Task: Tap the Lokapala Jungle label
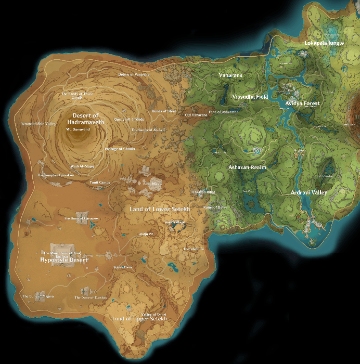tap(324, 43)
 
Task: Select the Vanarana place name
tap(230, 75)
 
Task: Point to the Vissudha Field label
tap(250, 97)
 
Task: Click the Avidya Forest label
tap(302, 103)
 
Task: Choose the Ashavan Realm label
tap(248, 167)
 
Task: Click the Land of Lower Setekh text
tap(160, 209)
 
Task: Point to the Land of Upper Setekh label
tap(139, 319)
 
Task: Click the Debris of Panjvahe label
tap(134, 74)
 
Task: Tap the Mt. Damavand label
tap(78, 129)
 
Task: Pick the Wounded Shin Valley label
tap(37, 124)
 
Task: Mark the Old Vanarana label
tap(196, 115)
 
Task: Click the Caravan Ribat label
tap(203, 192)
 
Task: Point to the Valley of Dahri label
tap(154, 314)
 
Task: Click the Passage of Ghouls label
tap(120, 148)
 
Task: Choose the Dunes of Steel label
tap(164, 111)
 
